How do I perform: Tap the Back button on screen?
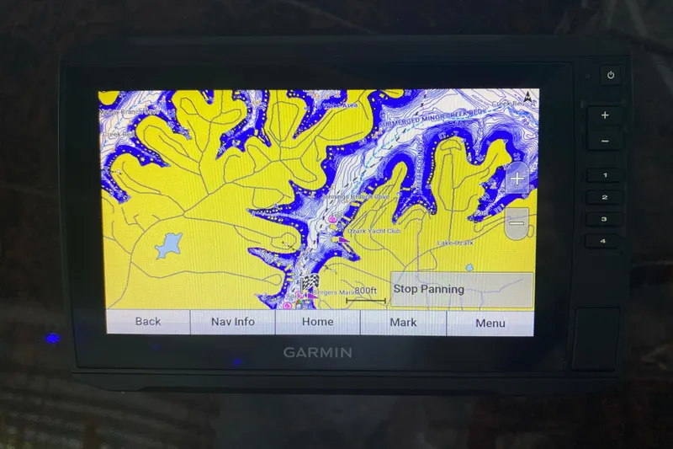point(147,322)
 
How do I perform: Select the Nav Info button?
point(233,322)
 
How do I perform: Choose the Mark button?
point(403,322)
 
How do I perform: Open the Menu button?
point(490,323)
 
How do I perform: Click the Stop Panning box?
point(462,290)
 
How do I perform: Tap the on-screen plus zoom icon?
point(517,179)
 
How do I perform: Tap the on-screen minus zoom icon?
point(517,222)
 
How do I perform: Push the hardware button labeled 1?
point(603,176)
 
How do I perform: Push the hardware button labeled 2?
point(603,198)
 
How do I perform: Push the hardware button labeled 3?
point(603,219)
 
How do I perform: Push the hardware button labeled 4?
point(603,241)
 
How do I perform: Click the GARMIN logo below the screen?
point(317,353)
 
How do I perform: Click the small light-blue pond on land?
point(169,245)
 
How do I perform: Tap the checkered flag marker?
point(309,282)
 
